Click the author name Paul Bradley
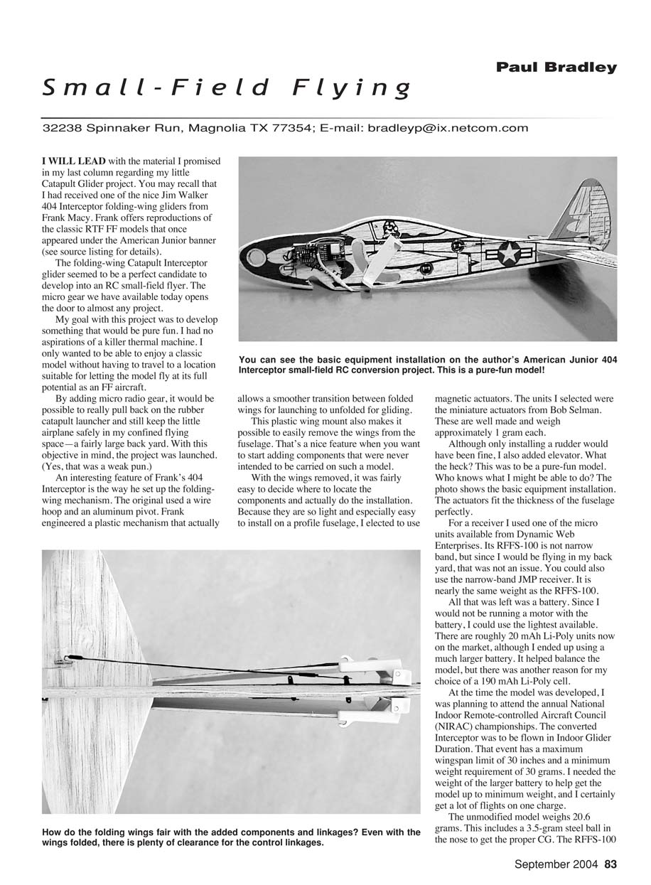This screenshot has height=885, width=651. click(556, 68)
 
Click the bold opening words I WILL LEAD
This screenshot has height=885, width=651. click(74, 161)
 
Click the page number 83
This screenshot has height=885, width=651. click(610, 865)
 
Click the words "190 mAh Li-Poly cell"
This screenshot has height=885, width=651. click(518, 680)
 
